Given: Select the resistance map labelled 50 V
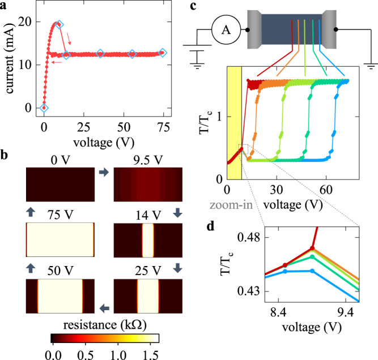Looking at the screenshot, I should (60, 295).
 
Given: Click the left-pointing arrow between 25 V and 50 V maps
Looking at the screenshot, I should (104, 308).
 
